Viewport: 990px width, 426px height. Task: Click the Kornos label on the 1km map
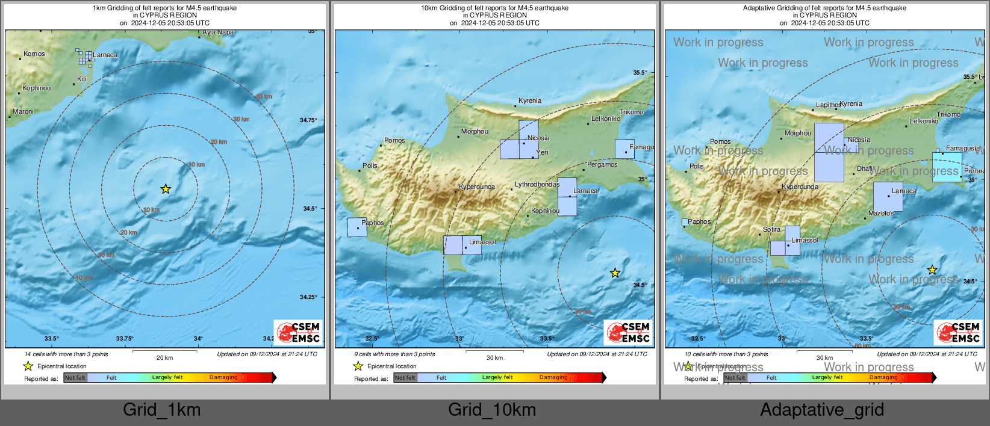pos(34,54)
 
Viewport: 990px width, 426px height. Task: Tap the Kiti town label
pos(82,79)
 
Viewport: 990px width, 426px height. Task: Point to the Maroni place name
pos(23,112)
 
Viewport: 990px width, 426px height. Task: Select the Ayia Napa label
pos(218,32)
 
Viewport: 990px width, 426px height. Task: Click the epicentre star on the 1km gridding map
pos(166,189)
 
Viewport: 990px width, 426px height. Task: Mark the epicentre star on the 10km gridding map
pos(615,273)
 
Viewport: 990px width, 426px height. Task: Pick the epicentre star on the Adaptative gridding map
pos(932,270)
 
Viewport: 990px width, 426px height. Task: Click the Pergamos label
pos(602,165)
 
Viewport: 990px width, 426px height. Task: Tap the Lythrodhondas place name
pos(537,185)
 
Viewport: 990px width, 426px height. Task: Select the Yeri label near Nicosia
pos(543,153)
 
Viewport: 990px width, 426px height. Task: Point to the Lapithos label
pos(828,105)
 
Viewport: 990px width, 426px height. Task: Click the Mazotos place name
pos(881,214)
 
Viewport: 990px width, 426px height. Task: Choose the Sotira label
pos(771,230)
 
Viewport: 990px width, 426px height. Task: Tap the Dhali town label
pos(864,169)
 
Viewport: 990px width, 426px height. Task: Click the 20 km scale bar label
pos(164,358)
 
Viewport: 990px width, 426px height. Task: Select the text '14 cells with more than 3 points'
pos(66,354)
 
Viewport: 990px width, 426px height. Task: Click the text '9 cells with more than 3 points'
pos(394,354)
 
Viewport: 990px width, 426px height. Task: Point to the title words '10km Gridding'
pos(443,8)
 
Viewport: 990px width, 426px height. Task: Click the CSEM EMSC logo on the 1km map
pos(299,332)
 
